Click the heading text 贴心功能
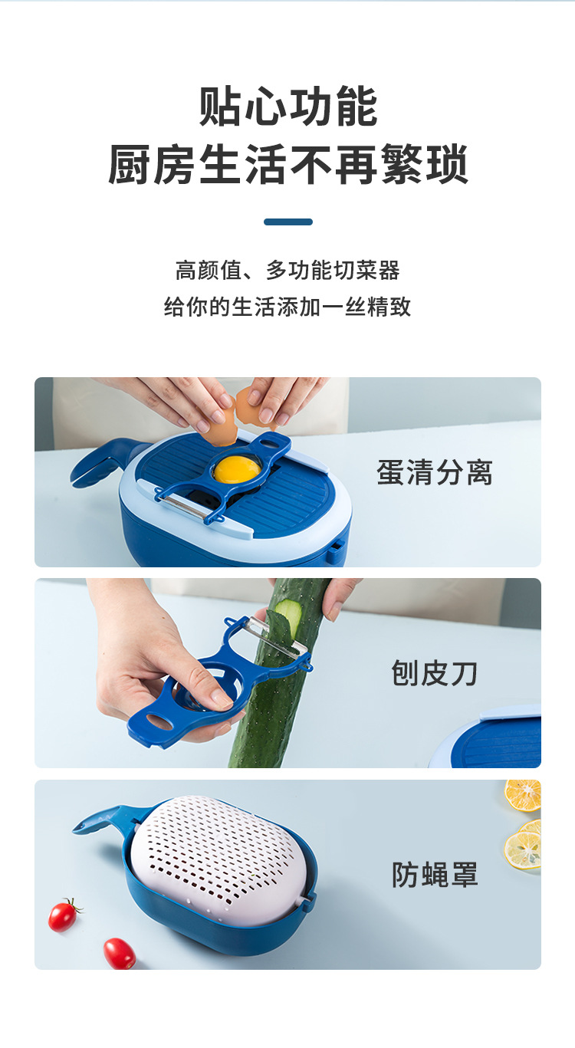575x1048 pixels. tap(288, 107)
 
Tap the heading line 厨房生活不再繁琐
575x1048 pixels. tap(288, 164)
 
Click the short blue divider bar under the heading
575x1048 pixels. tap(288, 222)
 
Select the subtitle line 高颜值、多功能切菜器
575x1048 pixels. tap(288, 271)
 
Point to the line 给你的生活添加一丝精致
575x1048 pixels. tap(288, 307)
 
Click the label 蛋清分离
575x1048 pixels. tap(435, 472)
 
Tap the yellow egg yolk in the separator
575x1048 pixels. tap(236, 468)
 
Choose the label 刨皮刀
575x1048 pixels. tap(435, 673)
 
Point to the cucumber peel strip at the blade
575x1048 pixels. tap(287, 613)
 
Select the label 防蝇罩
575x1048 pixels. tap(435, 874)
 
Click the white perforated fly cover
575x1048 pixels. tap(222, 851)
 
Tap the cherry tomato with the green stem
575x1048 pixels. tap(63, 915)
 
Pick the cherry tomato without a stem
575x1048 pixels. tap(120, 953)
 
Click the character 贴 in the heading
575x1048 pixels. tap(222, 107)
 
